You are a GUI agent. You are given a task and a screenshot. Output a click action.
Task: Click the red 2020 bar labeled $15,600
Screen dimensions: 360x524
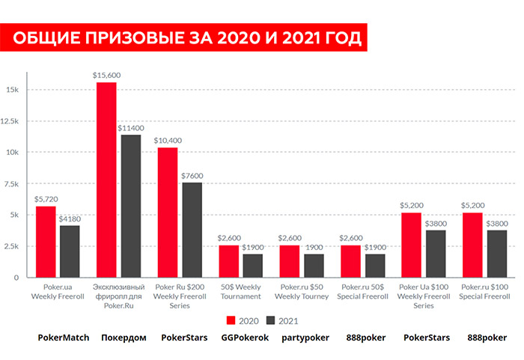tap(106, 180)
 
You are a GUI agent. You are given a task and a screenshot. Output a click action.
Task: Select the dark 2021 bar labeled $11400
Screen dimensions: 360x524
tap(130, 206)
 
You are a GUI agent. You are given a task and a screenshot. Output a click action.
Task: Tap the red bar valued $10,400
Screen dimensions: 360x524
tap(168, 212)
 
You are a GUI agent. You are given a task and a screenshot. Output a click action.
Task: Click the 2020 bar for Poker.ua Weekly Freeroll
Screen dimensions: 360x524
tap(46, 241)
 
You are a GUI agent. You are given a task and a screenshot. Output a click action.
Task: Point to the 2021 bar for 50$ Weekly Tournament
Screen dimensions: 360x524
tap(252, 265)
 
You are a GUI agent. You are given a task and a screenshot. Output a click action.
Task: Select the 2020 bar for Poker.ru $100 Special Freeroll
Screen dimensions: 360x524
tap(472, 245)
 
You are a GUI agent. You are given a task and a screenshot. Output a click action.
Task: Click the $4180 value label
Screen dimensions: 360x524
tap(70, 219)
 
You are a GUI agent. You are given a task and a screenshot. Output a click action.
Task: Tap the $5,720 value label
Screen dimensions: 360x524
tap(46, 199)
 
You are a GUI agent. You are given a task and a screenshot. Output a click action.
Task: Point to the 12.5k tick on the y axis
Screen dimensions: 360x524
tap(16, 120)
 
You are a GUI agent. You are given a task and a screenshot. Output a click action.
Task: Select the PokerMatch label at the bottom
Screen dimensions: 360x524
tap(64, 338)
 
